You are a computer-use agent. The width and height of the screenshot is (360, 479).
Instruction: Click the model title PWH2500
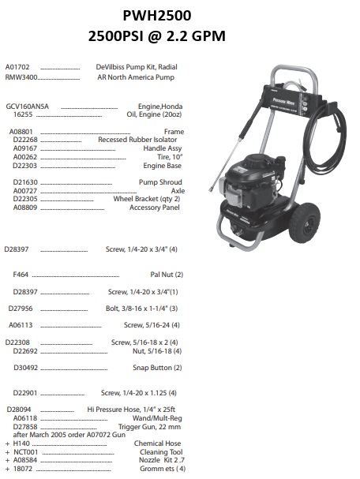coord(179,15)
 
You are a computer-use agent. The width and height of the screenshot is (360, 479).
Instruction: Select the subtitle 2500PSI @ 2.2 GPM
coord(179,36)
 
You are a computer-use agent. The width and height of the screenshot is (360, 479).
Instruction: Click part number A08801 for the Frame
coord(21,132)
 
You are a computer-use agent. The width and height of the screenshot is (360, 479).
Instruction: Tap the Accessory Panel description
coord(156,208)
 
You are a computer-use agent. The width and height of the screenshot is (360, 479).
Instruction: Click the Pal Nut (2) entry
coord(167,274)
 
